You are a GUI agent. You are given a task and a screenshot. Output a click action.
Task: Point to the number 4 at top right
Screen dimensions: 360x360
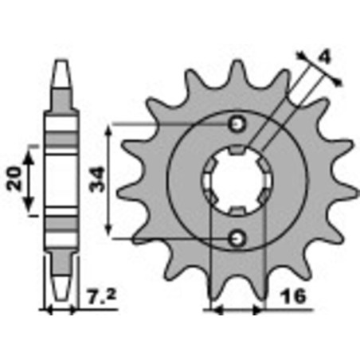[x=323, y=57]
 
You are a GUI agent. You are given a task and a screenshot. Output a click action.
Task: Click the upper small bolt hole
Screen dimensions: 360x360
[x=236, y=123]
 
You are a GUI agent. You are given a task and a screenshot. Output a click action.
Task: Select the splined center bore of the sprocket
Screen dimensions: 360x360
[x=237, y=181]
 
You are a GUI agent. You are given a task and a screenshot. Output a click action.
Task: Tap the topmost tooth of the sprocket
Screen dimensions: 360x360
[x=237, y=65]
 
